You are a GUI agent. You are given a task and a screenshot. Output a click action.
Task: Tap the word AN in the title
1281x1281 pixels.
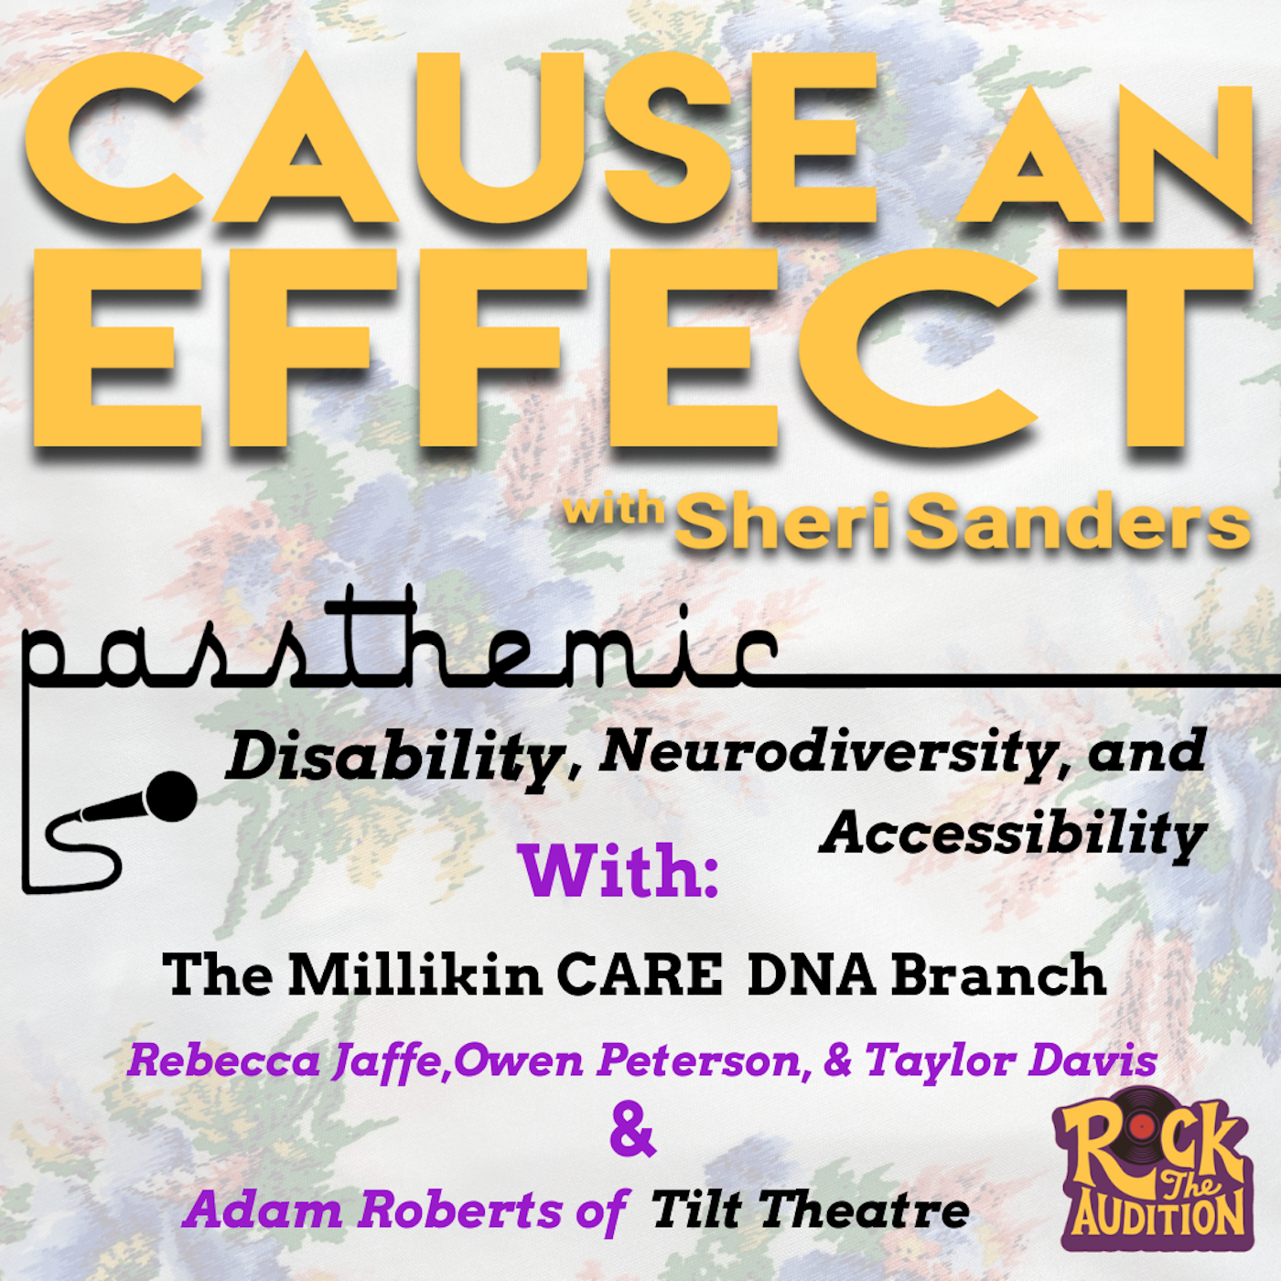[x=1107, y=156]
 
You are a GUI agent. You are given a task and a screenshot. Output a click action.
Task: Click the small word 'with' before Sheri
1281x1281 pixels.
[x=613, y=509]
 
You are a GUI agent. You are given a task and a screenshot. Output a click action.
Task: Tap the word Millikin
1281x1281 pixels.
[x=416, y=974]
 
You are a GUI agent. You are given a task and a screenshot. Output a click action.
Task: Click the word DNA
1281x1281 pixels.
[x=812, y=974]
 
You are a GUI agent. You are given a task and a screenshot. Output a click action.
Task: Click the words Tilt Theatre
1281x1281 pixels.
[x=810, y=1210]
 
